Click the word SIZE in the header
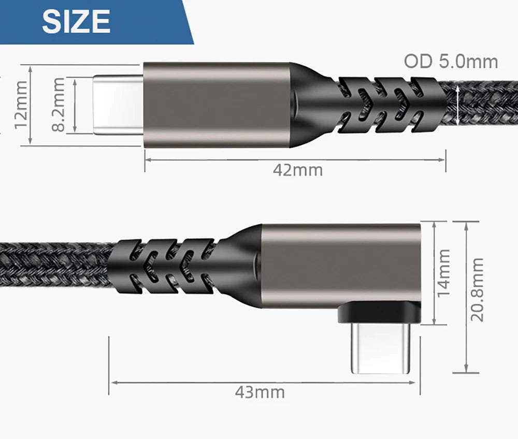tap(76, 21)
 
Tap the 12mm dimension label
tap(21, 106)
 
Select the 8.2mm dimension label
tap(59, 105)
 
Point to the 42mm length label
tap(297, 170)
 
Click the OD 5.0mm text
tap(451, 61)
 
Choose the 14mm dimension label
tap(444, 273)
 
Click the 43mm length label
tap(260, 392)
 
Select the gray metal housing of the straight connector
tap(215, 105)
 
